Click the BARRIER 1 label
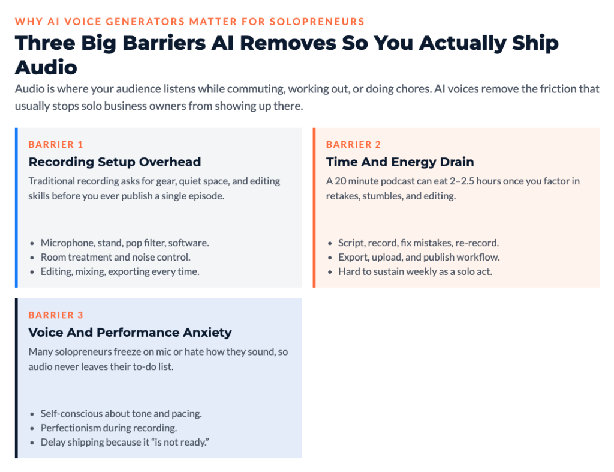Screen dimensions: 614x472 coord(56,144)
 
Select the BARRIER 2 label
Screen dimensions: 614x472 coord(353,144)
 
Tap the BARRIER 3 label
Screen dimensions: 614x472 coord(56,315)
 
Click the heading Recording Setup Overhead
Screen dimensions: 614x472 coord(115,162)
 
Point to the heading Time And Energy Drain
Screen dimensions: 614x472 coord(400,162)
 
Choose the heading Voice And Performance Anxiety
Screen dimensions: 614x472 coord(130,333)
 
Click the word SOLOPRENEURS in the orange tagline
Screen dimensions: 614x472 coord(317,22)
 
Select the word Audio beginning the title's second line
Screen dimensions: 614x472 coord(46,67)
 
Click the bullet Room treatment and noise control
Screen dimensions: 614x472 coord(116,257)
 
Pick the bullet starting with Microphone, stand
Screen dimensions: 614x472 coord(125,243)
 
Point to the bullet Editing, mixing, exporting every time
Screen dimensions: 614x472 coord(120,271)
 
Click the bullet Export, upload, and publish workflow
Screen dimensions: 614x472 coord(419,257)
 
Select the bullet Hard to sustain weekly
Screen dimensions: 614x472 coord(415,271)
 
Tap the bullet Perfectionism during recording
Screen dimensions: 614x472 coord(109,428)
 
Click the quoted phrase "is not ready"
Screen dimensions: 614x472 coord(180,442)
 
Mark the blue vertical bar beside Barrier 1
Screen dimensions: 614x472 coord(16,207)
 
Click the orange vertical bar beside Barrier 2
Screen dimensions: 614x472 coord(314,207)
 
